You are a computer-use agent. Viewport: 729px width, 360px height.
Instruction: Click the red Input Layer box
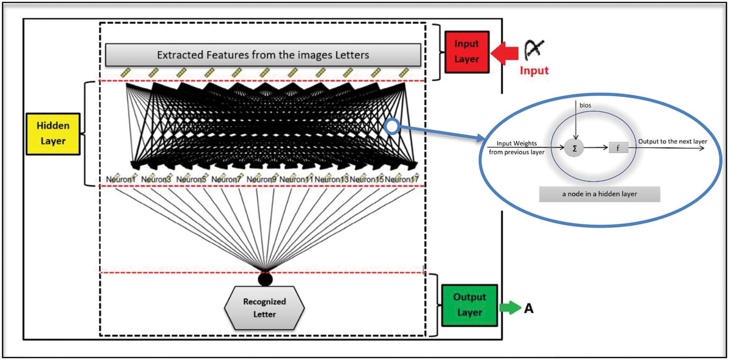coord(467,52)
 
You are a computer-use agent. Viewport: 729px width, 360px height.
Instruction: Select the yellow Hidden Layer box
coord(53,134)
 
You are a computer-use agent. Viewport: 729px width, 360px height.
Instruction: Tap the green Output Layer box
coord(469,305)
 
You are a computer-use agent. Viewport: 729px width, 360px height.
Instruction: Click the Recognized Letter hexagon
coord(264,308)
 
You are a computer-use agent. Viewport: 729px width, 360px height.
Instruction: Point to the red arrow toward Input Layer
coord(504,53)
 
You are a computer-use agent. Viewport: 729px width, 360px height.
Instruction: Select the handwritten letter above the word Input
coord(534,50)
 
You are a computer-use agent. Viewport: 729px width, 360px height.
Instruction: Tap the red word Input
coord(534,71)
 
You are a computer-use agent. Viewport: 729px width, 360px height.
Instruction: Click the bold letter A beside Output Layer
coord(529,308)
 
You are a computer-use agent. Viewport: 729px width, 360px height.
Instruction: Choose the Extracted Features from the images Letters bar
coord(263,55)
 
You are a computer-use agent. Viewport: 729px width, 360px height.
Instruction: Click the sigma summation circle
coord(574,149)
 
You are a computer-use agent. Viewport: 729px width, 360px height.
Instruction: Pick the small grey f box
coord(618,148)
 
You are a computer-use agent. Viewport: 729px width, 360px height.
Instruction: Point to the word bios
coord(585,105)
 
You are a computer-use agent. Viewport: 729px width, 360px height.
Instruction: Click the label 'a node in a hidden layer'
coord(599,194)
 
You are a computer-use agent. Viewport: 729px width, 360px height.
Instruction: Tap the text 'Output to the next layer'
coord(672,141)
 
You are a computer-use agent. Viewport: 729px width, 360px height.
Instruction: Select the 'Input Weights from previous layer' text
coord(516,148)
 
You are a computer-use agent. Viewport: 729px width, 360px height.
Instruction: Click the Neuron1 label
coord(120,179)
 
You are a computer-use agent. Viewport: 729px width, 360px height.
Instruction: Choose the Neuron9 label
coord(261,179)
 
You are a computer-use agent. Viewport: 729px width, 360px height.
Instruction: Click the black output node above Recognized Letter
coord(265,279)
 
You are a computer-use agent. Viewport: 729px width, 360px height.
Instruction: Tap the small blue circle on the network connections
coord(392,126)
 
